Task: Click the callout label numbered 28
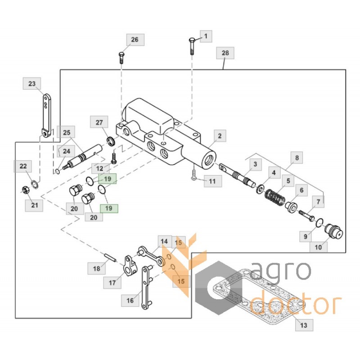coord(225,53)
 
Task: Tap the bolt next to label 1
coord(192,46)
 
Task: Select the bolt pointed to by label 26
coord(121,58)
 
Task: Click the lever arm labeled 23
coord(47,116)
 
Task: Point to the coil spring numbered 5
coord(275,197)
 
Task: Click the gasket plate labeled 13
coord(260,296)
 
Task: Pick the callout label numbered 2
coord(220,136)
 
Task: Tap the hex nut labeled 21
coord(25,189)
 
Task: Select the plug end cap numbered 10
coord(334,231)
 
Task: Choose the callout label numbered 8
coord(297,158)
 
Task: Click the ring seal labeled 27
coord(111,140)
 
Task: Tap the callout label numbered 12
coord(99,168)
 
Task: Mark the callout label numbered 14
coord(164,242)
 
